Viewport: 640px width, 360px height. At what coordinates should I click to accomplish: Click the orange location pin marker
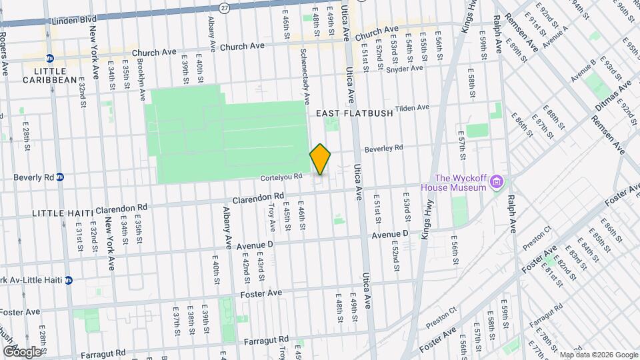click(320, 159)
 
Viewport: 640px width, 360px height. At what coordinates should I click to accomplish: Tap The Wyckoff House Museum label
click(460, 182)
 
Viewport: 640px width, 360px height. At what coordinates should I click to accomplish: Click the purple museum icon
click(497, 181)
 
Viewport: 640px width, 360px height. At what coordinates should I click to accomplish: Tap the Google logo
click(21, 351)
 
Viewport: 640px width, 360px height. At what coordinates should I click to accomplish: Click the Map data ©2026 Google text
click(598, 355)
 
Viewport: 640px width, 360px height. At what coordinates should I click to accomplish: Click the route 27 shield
click(225, 7)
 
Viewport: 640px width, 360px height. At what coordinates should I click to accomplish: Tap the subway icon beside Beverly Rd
click(60, 177)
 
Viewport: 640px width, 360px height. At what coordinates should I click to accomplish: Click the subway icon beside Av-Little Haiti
click(69, 280)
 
